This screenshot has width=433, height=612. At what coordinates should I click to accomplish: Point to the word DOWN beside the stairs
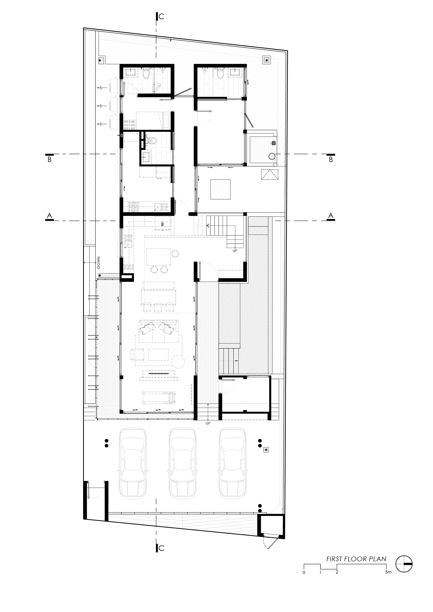point(98,263)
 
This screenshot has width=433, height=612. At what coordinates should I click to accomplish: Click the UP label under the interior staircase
point(235,251)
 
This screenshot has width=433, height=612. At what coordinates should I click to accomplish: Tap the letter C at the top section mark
point(161,16)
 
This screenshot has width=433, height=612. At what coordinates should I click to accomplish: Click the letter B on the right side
point(331,160)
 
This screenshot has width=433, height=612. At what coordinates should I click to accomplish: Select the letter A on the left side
point(49,215)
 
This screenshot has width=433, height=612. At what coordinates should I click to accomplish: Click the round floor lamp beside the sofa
point(178,361)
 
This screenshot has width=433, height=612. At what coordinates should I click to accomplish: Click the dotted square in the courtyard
point(220,189)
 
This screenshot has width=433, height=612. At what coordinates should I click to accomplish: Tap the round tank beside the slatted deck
point(272,156)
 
